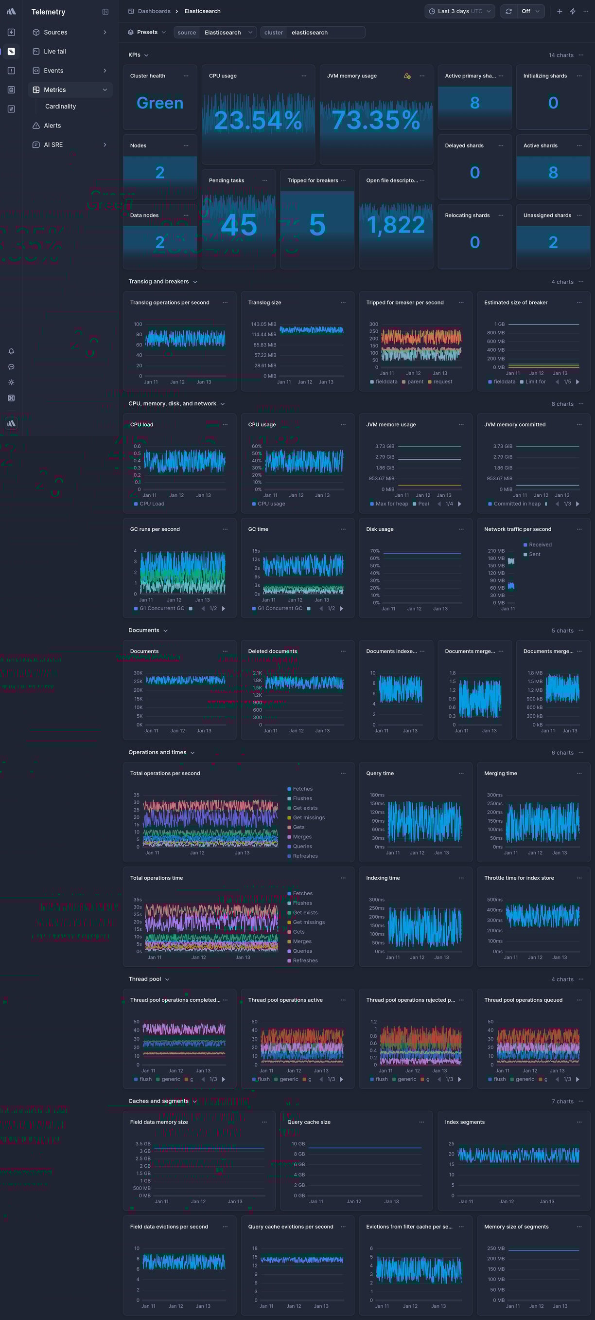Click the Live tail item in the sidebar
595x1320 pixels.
pyautogui.click(x=55, y=51)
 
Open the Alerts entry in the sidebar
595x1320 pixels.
pyautogui.click(x=52, y=126)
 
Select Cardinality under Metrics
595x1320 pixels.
pyautogui.click(x=60, y=106)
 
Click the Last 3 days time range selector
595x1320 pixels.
pyautogui.click(x=459, y=11)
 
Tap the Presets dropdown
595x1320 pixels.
pyautogui.click(x=147, y=32)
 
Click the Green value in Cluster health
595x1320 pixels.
pyautogui.click(x=160, y=103)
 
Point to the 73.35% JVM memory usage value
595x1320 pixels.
pyautogui.click(x=376, y=120)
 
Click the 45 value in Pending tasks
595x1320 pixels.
pyautogui.click(x=239, y=225)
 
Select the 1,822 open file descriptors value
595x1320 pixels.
pyautogui.click(x=396, y=225)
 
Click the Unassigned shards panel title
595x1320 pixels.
pyautogui.click(x=547, y=215)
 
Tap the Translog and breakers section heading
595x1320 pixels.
pyautogui.click(x=159, y=281)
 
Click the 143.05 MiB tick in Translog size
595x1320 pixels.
pyautogui.click(x=263, y=324)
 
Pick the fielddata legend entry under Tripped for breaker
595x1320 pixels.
pyautogui.click(x=386, y=382)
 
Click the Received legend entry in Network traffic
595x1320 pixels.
pyautogui.click(x=540, y=545)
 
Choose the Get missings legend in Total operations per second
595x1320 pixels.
pyautogui.click(x=308, y=817)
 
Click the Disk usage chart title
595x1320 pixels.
pyautogui.click(x=380, y=529)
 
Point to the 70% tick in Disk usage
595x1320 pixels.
pyautogui.click(x=375, y=551)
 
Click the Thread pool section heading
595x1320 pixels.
pyautogui.click(x=145, y=979)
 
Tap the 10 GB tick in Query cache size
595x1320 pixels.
pyautogui.click(x=298, y=1144)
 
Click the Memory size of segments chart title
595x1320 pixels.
pyautogui.click(x=516, y=1227)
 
